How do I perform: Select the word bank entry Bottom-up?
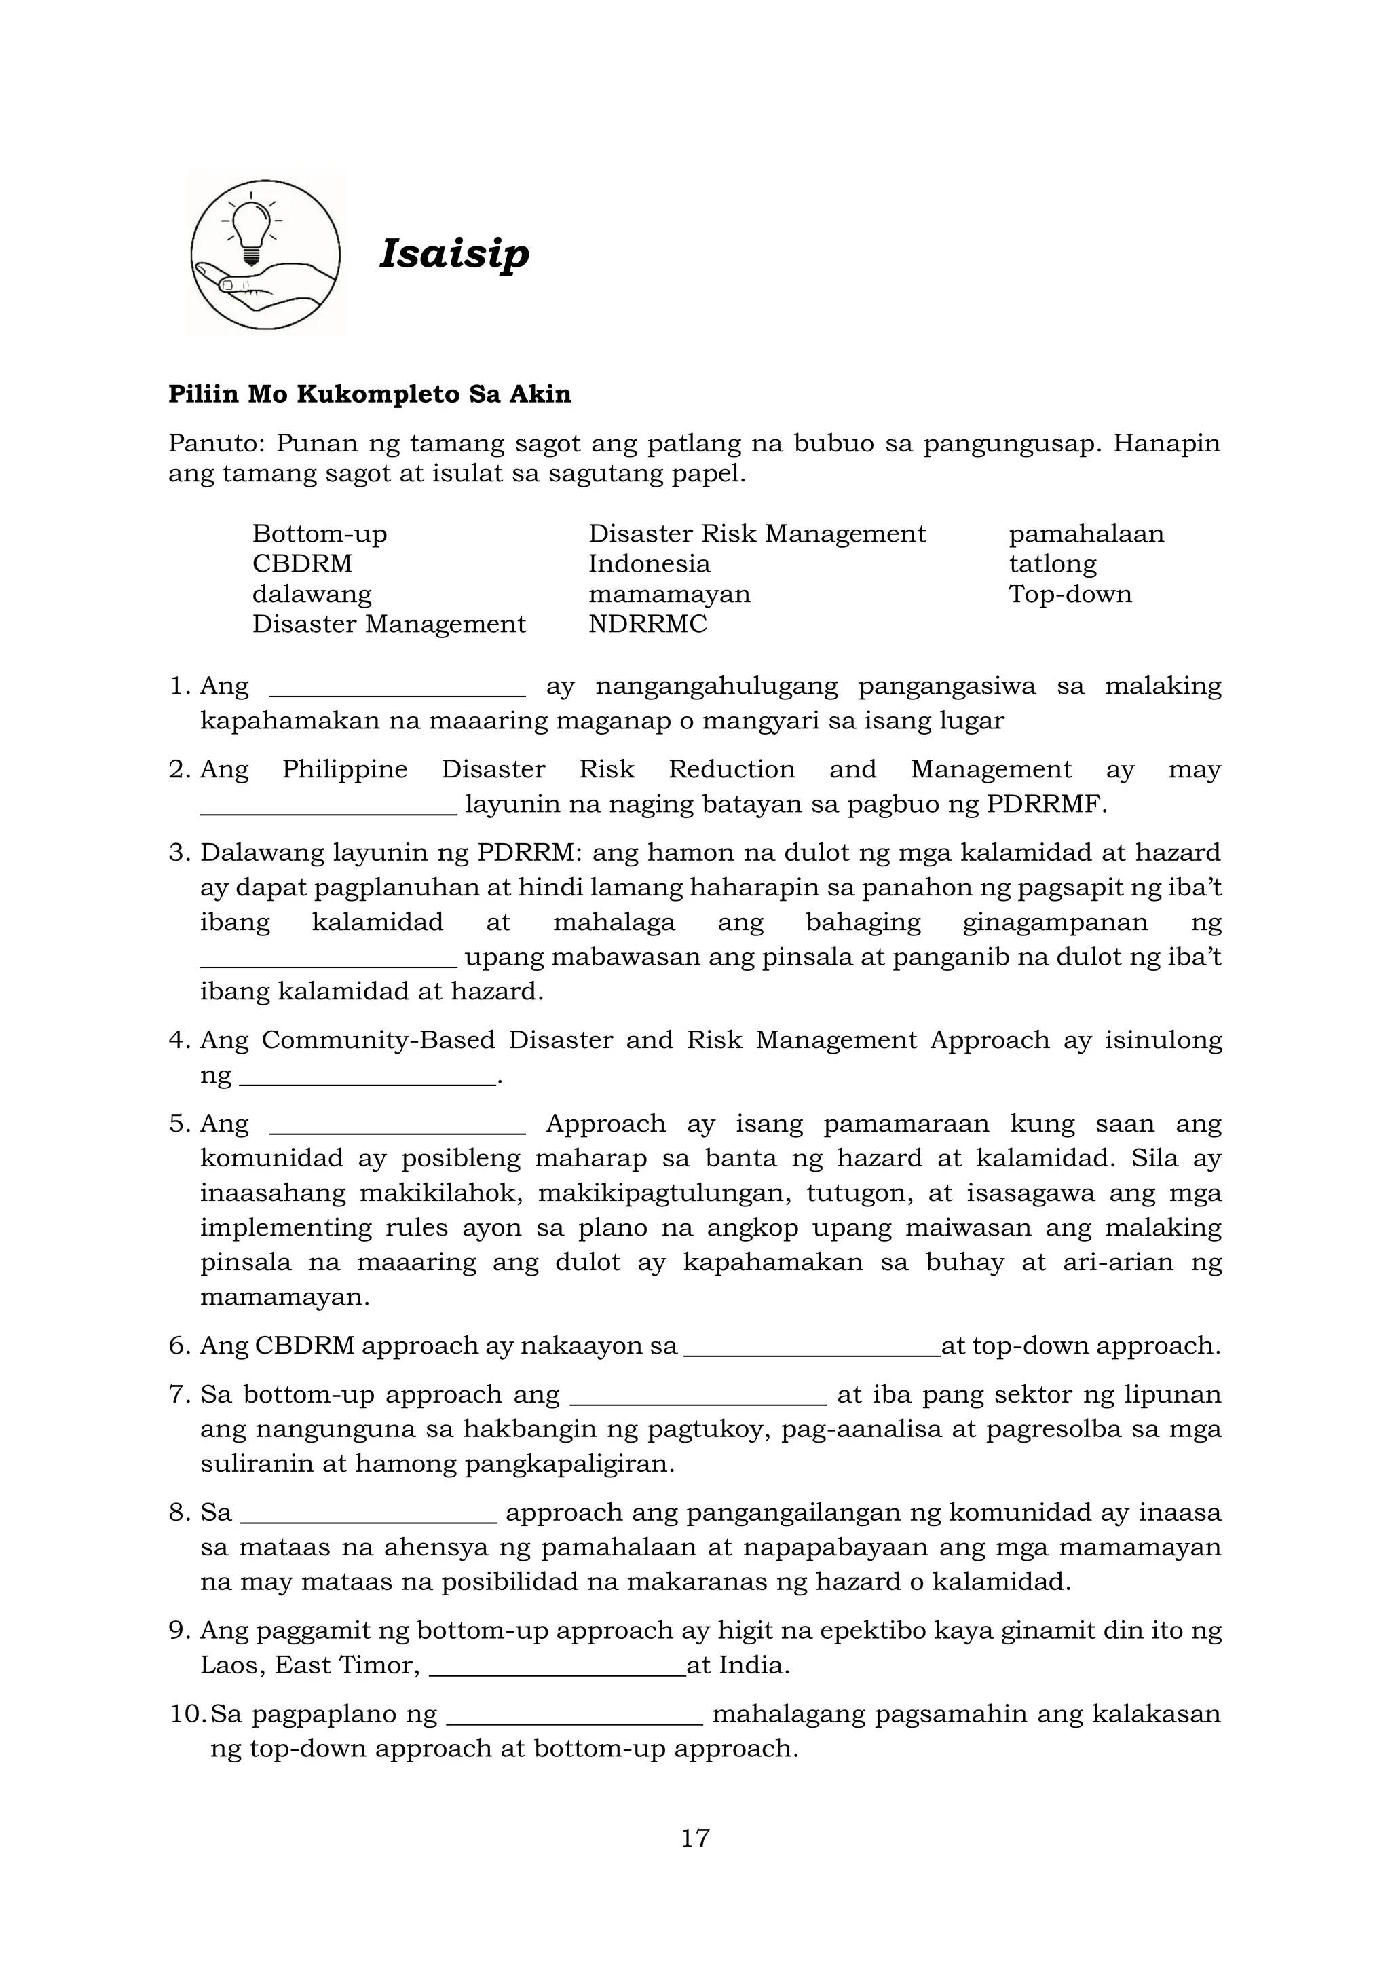point(319,534)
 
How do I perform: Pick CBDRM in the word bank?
point(301,564)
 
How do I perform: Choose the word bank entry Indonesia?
point(649,564)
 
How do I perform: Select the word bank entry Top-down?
point(1069,594)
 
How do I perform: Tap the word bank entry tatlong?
point(1052,564)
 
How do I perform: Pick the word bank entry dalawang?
point(312,594)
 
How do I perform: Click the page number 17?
point(695,1838)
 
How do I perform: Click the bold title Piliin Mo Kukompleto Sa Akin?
point(369,394)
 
